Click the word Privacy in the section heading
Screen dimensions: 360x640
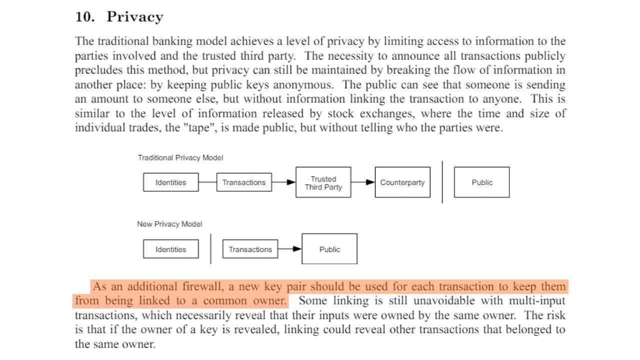pyautogui.click(x=134, y=17)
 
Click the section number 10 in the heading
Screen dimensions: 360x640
pyautogui.click(x=84, y=17)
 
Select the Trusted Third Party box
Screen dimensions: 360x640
pyautogui.click(x=323, y=182)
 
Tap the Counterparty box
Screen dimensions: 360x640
pyautogui.click(x=402, y=182)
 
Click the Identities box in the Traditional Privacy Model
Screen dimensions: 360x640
pyautogui.click(x=170, y=182)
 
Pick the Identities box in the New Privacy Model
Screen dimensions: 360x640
pyautogui.click(x=170, y=249)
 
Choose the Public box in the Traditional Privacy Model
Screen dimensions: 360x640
pyautogui.click(x=481, y=182)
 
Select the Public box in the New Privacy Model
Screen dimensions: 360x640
pyautogui.click(x=329, y=249)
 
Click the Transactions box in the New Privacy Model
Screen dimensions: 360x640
pyautogui.click(x=250, y=249)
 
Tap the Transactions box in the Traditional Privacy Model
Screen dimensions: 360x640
pyautogui.click(x=244, y=182)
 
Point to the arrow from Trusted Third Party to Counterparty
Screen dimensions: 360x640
pyautogui.click(x=363, y=182)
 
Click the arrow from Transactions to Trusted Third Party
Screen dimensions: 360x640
pyautogui.click(x=284, y=182)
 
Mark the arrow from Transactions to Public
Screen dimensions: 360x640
pyautogui.click(x=290, y=249)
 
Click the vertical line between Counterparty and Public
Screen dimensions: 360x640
pyautogui.click(x=442, y=182)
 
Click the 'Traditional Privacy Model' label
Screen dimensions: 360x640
pyautogui.click(x=180, y=157)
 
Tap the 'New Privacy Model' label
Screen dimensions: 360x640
pyautogui.click(x=169, y=224)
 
